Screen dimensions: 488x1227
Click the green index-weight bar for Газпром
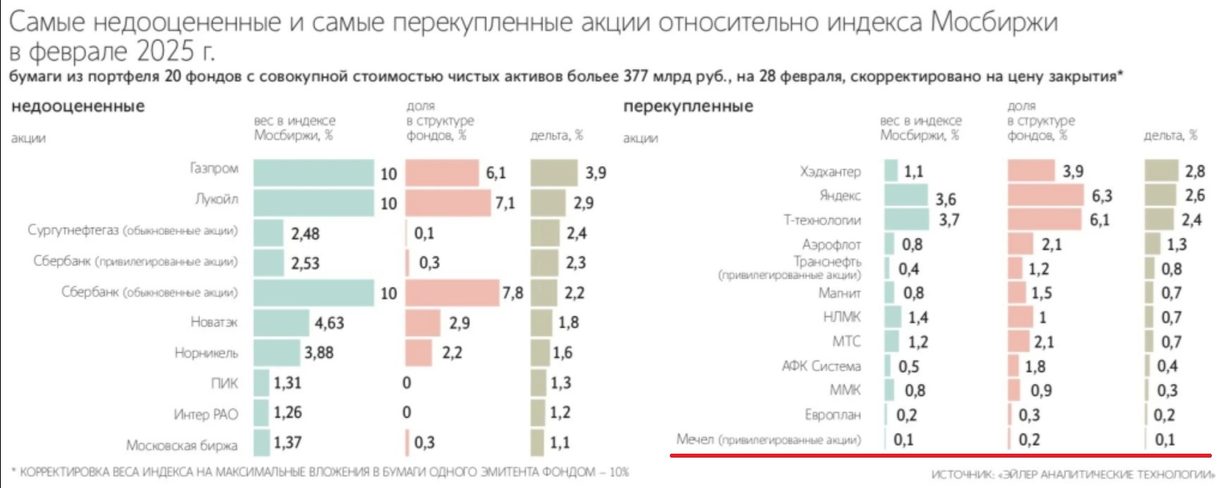coord(313,173)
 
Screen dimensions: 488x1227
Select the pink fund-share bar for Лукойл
coord(448,203)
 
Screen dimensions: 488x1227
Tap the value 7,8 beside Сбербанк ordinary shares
coord(512,293)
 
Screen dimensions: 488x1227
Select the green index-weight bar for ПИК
coord(261,383)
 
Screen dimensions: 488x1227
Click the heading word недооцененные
coord(78,106)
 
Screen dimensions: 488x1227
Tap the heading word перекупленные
coord(687,106)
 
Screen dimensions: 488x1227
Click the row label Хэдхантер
coord(831,172)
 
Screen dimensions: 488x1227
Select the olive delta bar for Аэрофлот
coord(1153,244)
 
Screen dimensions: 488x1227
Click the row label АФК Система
coord(821,367)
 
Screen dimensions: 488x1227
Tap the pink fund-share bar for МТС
coord(1019,343)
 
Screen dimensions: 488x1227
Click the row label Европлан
coord(833,415)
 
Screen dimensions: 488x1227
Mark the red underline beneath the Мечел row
coord(939,456)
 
